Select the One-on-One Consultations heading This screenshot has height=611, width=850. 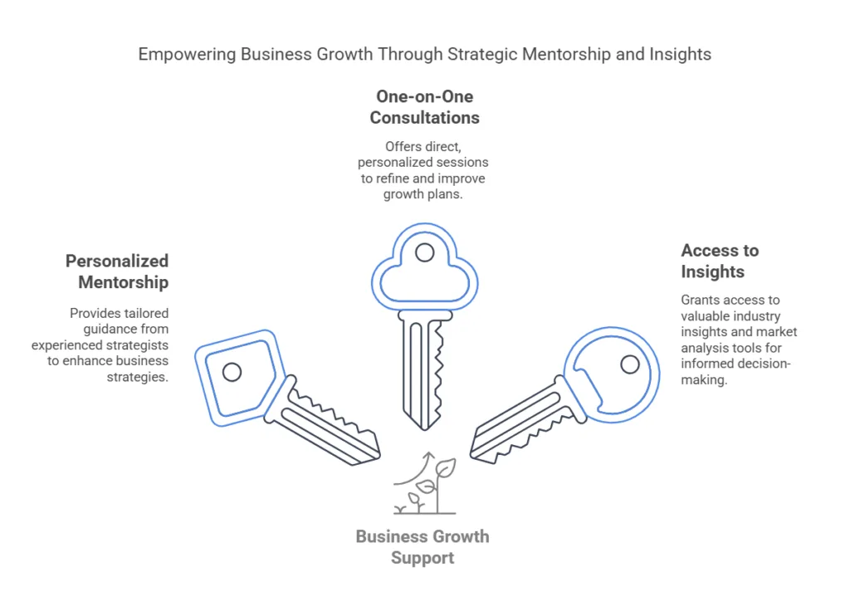(x=424, y=107)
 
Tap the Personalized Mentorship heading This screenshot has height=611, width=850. (x=117, y=271)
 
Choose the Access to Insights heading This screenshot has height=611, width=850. (x=720, y=261)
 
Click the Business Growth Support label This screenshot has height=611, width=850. (x=423, y=547)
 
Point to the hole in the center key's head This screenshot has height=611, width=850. (x=424, y=252)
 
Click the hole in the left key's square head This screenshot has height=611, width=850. (x=232, y=372)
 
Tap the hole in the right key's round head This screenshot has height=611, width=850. (x=630, y=364)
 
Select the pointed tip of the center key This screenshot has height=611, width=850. (x=425, y=427)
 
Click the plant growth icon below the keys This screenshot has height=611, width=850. (x=425, y=486)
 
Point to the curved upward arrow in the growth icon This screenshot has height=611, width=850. (x=415, y=469)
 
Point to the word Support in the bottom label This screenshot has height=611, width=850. (x=423, y=558)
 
